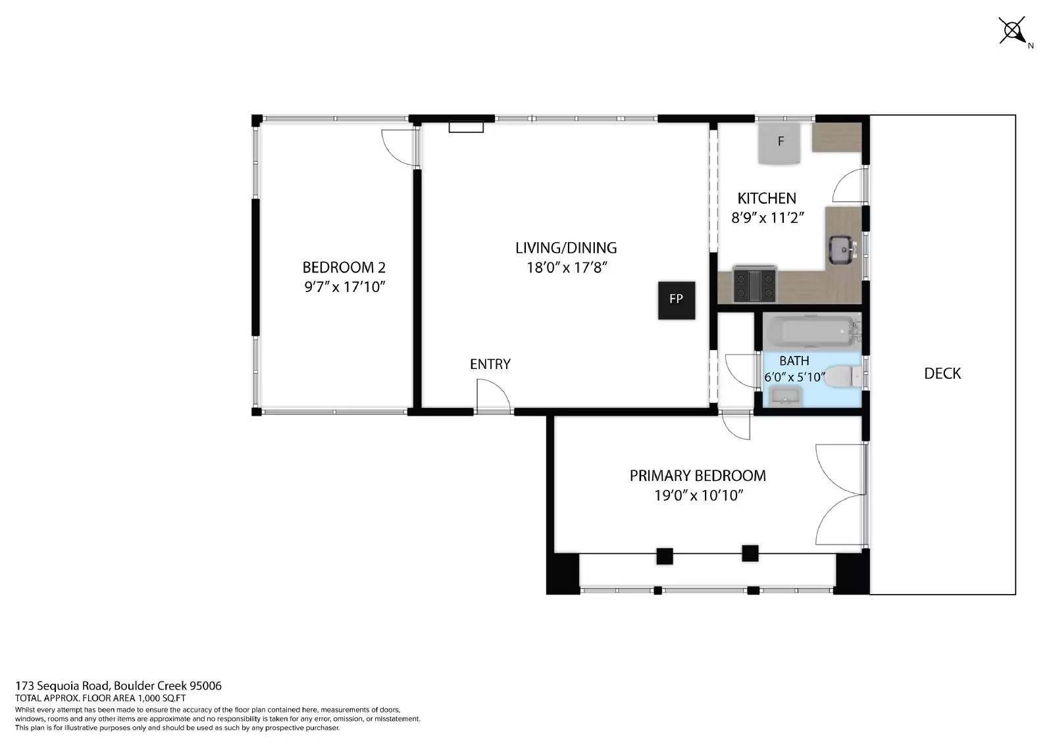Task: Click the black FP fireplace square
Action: pos(676,300)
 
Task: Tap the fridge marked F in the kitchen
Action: pos(780,143)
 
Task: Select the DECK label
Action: pos(942,374)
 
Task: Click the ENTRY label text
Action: pos(490,364)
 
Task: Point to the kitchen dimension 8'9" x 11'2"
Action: pos(768,218)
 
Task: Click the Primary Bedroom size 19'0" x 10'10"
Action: pos(698,495)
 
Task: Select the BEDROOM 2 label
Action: pos(344,268)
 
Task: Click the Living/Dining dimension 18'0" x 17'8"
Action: pos(565,268)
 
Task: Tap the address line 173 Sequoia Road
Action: pos(118,685)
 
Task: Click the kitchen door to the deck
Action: pos(850,186)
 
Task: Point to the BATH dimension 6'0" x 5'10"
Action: pos(794,377)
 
